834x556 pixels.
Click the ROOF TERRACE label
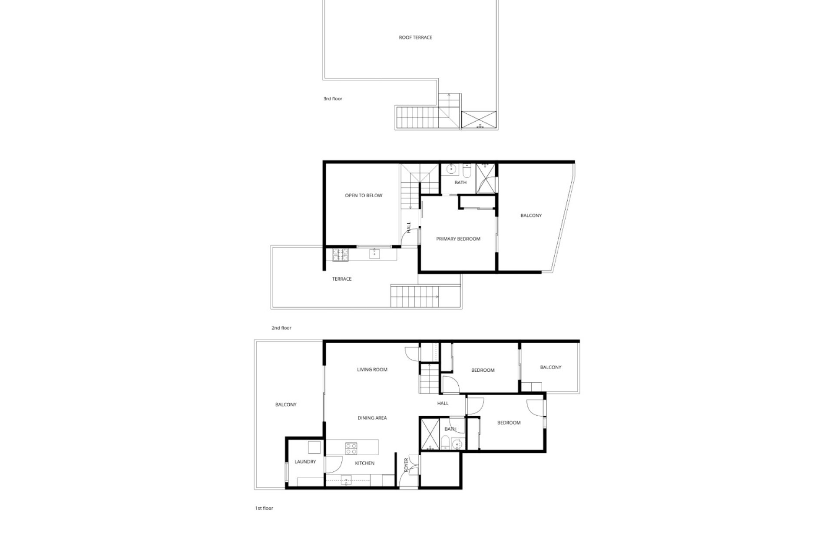(x=415, y=37)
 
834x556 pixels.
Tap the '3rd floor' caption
(x=333, y=99)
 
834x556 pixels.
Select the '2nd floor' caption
(x=281, y=328)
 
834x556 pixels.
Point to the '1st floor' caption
(x=264, y=508)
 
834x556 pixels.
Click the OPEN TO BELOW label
(x=364, y=195)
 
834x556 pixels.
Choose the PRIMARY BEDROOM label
(x=458, y=239)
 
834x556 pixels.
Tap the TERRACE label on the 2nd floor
(x=342, y=279)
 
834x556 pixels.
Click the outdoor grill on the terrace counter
(x=340, y=255)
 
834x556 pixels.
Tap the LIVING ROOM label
(x=372, y=370)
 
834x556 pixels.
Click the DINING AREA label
(x=372, y=418)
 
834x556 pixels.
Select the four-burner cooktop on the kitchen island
(x=351, y=448)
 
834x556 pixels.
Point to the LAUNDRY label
(x=305, y=462)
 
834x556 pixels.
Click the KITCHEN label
(x=364, y=463)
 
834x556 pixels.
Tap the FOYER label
(x=407, y=465)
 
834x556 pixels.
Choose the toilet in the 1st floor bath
(x=445, y=443)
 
